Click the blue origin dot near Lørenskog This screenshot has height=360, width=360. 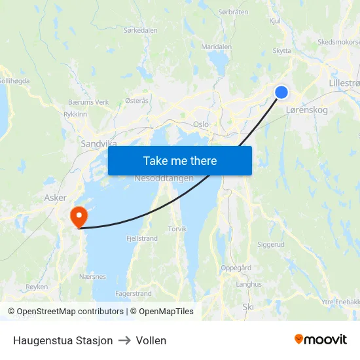[281, 92]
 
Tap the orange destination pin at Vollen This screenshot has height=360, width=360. [79, 215]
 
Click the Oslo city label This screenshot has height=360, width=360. [201, 124]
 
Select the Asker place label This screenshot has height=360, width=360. [55, 197]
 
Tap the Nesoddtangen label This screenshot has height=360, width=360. [164, 179]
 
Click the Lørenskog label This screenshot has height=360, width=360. [307, 111]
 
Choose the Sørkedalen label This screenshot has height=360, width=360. [141, 30]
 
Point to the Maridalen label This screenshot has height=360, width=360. [217, 47]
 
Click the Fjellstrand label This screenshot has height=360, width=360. [141, 239]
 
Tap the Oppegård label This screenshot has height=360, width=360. [236, 268]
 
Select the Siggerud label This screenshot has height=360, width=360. [271, 244]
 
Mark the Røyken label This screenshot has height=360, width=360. [37, 287]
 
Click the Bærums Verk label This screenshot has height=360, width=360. [88, 102]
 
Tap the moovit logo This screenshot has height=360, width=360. [321, 340]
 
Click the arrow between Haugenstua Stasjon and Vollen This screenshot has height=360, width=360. [124, 340]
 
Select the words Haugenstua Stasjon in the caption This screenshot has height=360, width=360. [63, 340]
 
